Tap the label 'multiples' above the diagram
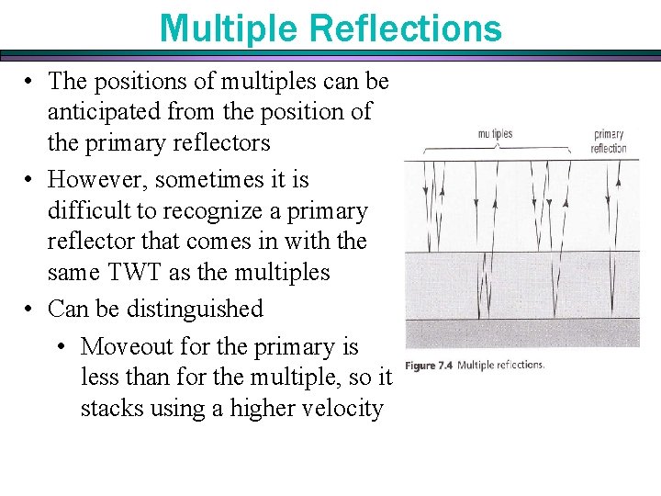(495, 134)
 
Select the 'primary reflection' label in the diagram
(609, 141)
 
